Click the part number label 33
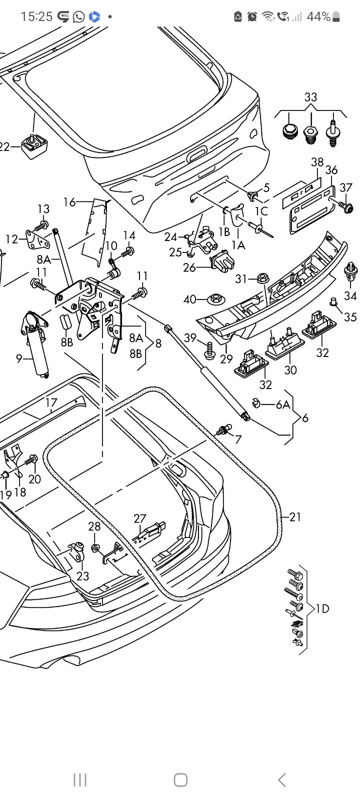310,97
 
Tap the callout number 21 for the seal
295,516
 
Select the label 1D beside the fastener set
322,608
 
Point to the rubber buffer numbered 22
34,147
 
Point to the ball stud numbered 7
223,429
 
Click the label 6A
283,404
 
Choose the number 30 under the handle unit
290,370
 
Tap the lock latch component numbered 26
223,261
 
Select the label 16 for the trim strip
69,202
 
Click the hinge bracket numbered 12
37,239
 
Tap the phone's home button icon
180,779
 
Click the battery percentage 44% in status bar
318,16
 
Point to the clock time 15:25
36,16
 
